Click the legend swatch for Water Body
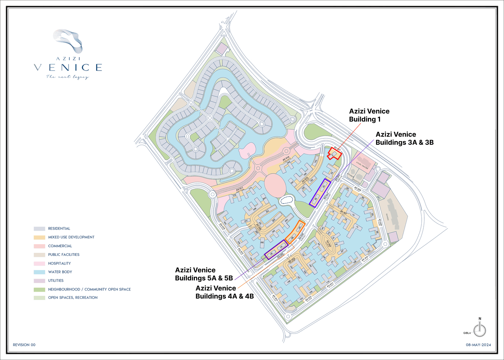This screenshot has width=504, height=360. [x=39, y=272]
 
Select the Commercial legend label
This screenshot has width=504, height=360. [x=60, y=246]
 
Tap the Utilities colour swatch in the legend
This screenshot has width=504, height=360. [x=39, y=281]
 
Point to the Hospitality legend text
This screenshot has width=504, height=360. [x=59, y=263]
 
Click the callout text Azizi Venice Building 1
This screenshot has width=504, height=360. [x=369, y=115]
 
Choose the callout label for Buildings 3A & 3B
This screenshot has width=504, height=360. [x=404, y=138]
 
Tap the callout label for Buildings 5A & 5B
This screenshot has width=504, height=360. [x=204, y=274]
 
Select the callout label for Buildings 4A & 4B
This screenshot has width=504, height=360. [x=224, y=292]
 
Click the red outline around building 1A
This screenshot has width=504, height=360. [x=335, y=153]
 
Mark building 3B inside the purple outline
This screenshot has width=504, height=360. [x=316, y=199]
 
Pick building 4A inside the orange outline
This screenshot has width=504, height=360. [x=299, y=227]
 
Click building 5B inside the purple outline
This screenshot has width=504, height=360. [x=271, y=254]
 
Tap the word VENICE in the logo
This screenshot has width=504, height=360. [x=68, y=67]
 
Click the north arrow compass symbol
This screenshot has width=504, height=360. [x=479, y=330]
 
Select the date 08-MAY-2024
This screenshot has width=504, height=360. [x=478, y=345]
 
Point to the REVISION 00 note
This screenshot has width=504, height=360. [x=24, y=345]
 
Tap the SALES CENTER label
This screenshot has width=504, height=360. [x=362, y=165]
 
